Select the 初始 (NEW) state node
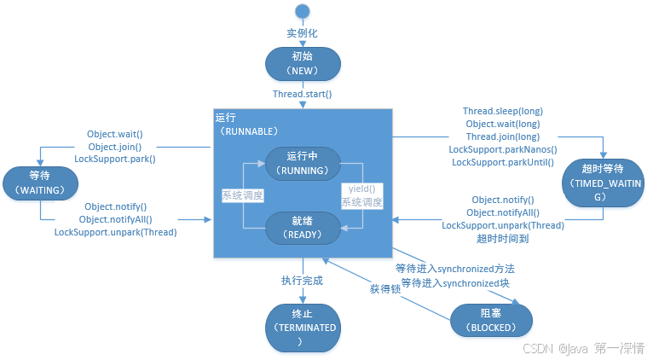pyautogui.click(x=303, y=63)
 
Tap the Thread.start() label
pyautogui.click(x=303, y=94)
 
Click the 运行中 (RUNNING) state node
pyautogui.click(x=303, y=163)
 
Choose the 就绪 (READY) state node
pyautogui.click(x=303, y=225)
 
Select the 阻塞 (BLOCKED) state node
pyautogui.click(x=492, y=320)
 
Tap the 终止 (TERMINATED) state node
pyautogui.click(x=303, y=327)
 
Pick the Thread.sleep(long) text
pyautogui.click(x=503, y=111)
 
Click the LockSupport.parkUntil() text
pyautogui.click(x=502, y=162)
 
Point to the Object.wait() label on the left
pyautogui.click(x=115, y=134)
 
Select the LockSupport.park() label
pyautogui.click(x=115, y=159)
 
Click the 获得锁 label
pyautogui.click(x=384, y=290)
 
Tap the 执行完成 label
pyautogui.click(x=303, y=280)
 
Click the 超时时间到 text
pyautogui.click(x=503, y=239)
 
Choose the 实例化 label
pyautogui.click(x=303, y=32)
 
